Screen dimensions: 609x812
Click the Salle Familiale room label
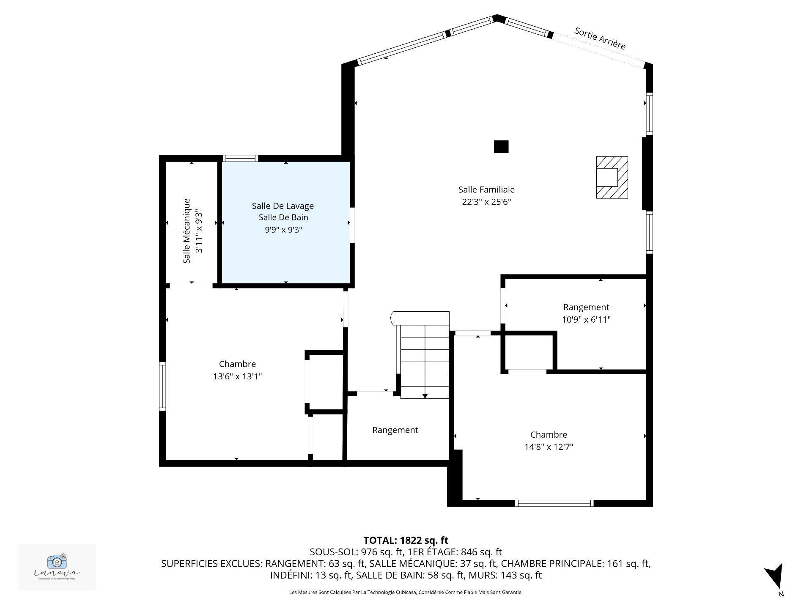tap(486, 190)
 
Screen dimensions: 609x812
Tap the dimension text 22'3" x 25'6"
tap(486, 202)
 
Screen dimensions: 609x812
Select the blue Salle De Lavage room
tap(286, 254)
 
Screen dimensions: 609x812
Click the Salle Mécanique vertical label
tap(187, 231)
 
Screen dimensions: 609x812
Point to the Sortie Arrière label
tap(600, 38)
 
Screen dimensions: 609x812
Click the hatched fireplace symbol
tap(612, 177)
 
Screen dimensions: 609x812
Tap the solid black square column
tap(501, 147)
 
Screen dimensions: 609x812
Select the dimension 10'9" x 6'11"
tap(586, 320)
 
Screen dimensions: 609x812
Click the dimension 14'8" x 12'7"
tap(549, 447)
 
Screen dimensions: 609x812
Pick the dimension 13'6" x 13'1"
tap(237, 376)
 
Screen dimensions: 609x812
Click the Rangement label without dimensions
tap(395, 430)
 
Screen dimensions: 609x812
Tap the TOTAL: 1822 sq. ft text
tap(406, 540)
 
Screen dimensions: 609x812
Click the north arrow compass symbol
tap(775, 576)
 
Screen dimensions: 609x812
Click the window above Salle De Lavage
tap(240, 159)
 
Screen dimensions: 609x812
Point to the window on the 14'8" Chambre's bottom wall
tap(554, 503)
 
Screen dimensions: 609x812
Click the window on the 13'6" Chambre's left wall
tap(162, 386)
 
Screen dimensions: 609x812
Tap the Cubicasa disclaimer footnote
tap(406, 593)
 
